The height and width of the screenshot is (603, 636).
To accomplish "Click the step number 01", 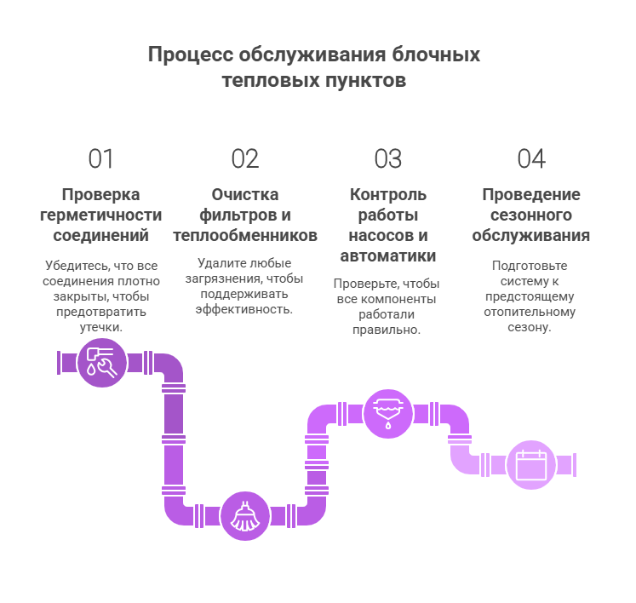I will coord(101,159).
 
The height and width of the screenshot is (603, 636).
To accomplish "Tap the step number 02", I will coord(244,159).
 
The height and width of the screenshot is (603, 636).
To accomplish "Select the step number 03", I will coord(388,159).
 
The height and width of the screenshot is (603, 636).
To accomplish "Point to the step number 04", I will coord(531,159).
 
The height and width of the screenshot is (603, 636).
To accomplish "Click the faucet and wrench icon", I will coord(102,363).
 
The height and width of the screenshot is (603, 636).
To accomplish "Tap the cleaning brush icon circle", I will coord(245,516).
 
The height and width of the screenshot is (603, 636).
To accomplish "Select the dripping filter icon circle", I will coord(388,413).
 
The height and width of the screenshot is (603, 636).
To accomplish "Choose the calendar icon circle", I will coord(531,465).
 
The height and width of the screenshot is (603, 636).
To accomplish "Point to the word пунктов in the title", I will coord(364,81).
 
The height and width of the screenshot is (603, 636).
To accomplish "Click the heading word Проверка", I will coord(101,194).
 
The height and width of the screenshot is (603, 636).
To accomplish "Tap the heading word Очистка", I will coord(245,194).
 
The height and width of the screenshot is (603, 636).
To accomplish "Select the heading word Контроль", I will coord(388,194).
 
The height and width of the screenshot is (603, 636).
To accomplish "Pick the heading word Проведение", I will coord(531,194).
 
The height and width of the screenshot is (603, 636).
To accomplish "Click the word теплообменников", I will coord(245,235).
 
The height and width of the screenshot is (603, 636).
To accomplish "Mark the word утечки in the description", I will coord(100,327).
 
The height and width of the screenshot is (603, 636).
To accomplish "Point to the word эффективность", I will coord(244,309).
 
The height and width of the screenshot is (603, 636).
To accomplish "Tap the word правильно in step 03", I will coord(387,330).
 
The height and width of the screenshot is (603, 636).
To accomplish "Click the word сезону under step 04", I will coord(531,327).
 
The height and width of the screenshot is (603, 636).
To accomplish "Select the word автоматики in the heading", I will coord(388,256).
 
